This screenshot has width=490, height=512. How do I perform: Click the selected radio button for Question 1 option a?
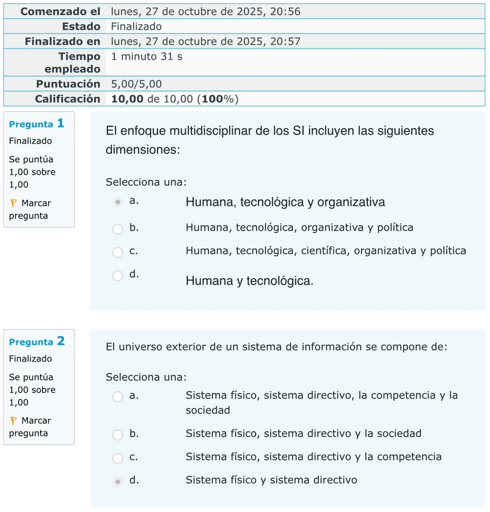118,202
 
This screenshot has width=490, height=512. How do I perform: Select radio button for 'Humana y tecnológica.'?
118,275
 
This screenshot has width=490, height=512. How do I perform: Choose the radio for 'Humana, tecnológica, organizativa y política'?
118,228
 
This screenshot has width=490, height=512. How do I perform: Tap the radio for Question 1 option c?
118,252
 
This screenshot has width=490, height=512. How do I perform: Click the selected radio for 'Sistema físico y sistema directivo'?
118,481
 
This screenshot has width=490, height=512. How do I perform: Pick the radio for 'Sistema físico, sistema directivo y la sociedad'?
118,434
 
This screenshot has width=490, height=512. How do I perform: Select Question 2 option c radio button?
118,458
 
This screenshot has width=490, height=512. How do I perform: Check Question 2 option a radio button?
118,397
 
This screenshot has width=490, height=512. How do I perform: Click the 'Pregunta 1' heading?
37,124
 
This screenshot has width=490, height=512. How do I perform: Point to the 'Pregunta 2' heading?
37,342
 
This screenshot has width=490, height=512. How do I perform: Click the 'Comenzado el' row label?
60,11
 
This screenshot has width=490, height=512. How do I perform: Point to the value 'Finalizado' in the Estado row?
136,27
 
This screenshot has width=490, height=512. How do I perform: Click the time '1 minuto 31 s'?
147,57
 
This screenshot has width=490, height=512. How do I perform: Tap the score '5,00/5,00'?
136,84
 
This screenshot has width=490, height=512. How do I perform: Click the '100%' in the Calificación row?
218,99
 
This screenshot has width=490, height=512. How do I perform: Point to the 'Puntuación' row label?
68,84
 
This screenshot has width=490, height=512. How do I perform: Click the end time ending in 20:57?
205,42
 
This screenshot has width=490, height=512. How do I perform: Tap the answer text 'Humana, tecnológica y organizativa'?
285,202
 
